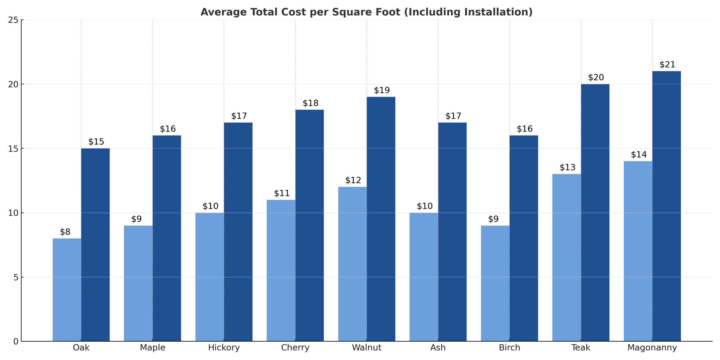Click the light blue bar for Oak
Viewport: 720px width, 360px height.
click(x=67, y=290)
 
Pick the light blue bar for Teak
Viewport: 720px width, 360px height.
click(x=566, y=257)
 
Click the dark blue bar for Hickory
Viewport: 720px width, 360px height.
click(x=238, y=232)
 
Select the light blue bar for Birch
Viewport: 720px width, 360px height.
click(x=495, y=283)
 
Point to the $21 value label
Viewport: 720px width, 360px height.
click(x=667, y=65)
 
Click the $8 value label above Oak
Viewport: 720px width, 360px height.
click(x=65, y=232)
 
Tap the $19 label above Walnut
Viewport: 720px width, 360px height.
click(x=382, y=90)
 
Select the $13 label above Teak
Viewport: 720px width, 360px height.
click(x=567, y=168)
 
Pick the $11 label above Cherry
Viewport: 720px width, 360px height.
click(x=282, y=193)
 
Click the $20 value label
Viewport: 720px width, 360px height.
click(x=596, y=77)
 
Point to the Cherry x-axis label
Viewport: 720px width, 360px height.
click(x=295, y=348)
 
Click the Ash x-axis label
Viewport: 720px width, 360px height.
click(x=438, y=348)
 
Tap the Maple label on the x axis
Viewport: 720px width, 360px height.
click(x=152, y=348)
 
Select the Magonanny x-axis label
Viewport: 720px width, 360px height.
click(x=652, y=348)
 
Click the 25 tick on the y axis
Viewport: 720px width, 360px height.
click(x=13, y=20)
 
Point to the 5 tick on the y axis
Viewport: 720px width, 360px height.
click(x=16, y=277)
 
